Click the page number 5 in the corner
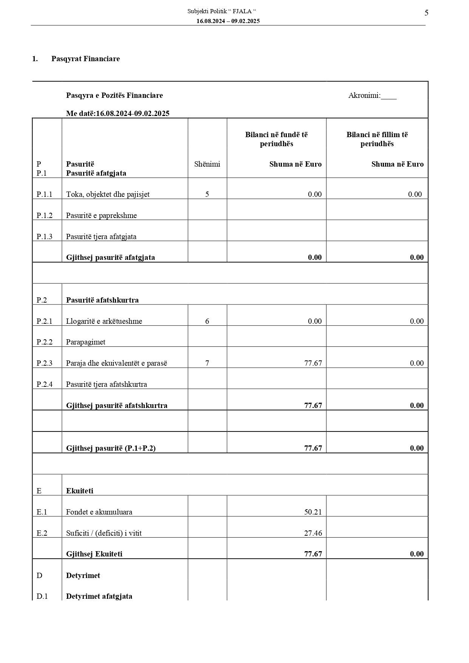pos(426,13)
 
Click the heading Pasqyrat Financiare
pos(85,59)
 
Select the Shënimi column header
pos(207,164)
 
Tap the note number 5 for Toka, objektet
pos(207,194)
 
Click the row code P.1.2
pos(45,215)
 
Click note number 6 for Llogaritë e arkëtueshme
pos(207,321)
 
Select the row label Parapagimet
pos(86,342)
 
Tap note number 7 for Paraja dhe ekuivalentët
pos(207,363)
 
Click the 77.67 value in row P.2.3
pos(313,363)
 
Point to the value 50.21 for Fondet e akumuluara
pos(313,512)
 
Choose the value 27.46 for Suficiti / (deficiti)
pos(313,533)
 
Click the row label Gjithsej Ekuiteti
pos(94,554)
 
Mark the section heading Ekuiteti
pos(80,491)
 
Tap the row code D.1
pos(42,596)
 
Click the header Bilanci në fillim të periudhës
pos(377,139)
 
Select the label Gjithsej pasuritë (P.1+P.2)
pos(111,448)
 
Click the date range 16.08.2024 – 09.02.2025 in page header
pos(228,21)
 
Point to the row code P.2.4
pos(45,384)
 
